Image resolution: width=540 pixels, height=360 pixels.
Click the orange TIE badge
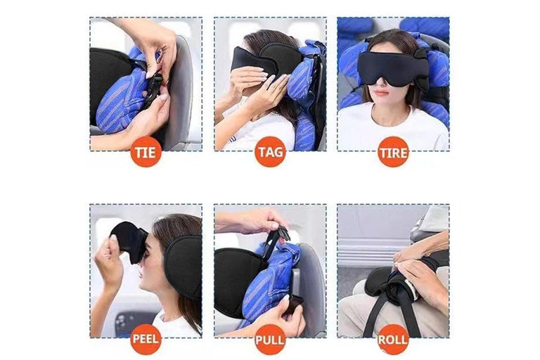pyautogui.click(x=146, y=152)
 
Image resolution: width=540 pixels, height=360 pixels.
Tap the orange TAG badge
pyautogui.click(x=270, y=152)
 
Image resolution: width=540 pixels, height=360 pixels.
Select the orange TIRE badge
pyautogui.click(x=393, y=152)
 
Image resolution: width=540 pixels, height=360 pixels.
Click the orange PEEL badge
pyautogui.click(x=146, y=339)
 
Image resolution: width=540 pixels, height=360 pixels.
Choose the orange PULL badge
pyautogui.click(x=270, y=340)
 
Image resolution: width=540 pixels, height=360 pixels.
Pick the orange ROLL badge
pyautogui.click(x=393, y=340)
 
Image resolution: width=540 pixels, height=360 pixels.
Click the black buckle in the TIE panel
pyautogui.click(x=153, y=89)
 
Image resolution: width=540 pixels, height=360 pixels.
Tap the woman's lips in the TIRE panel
pyautogui.click(x=381, y=92)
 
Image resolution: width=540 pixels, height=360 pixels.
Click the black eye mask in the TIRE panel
pyautogui.click(x=392, y=69)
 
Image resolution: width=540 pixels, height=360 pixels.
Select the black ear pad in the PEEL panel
pyautogui.click(x=184, y=265)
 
